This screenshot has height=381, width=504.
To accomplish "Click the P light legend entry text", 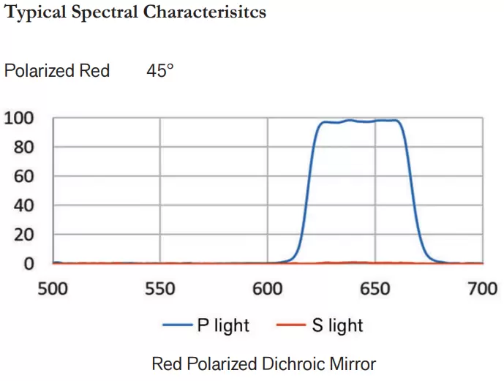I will click(x=223, y=325).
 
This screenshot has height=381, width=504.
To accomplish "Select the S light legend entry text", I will click(x=337, y=325).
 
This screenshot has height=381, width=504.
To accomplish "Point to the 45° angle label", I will click(x=159, y=71).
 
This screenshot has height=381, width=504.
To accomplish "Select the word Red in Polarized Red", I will click(x=94, y=71).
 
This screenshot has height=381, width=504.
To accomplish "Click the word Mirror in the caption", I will click(x=350, y=363).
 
